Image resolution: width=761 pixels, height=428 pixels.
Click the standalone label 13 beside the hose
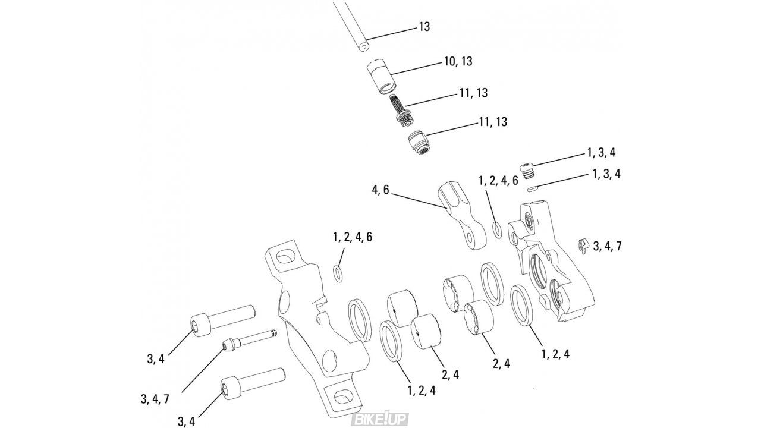424,27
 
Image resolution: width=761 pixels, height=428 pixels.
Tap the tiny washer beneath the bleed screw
532,189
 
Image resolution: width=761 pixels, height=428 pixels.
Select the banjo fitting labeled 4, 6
458,217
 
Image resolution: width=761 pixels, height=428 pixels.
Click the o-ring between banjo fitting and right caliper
496,229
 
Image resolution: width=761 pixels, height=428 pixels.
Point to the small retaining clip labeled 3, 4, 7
583,245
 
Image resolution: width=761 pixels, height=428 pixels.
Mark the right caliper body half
553,262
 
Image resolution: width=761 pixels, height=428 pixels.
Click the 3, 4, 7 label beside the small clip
607,246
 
